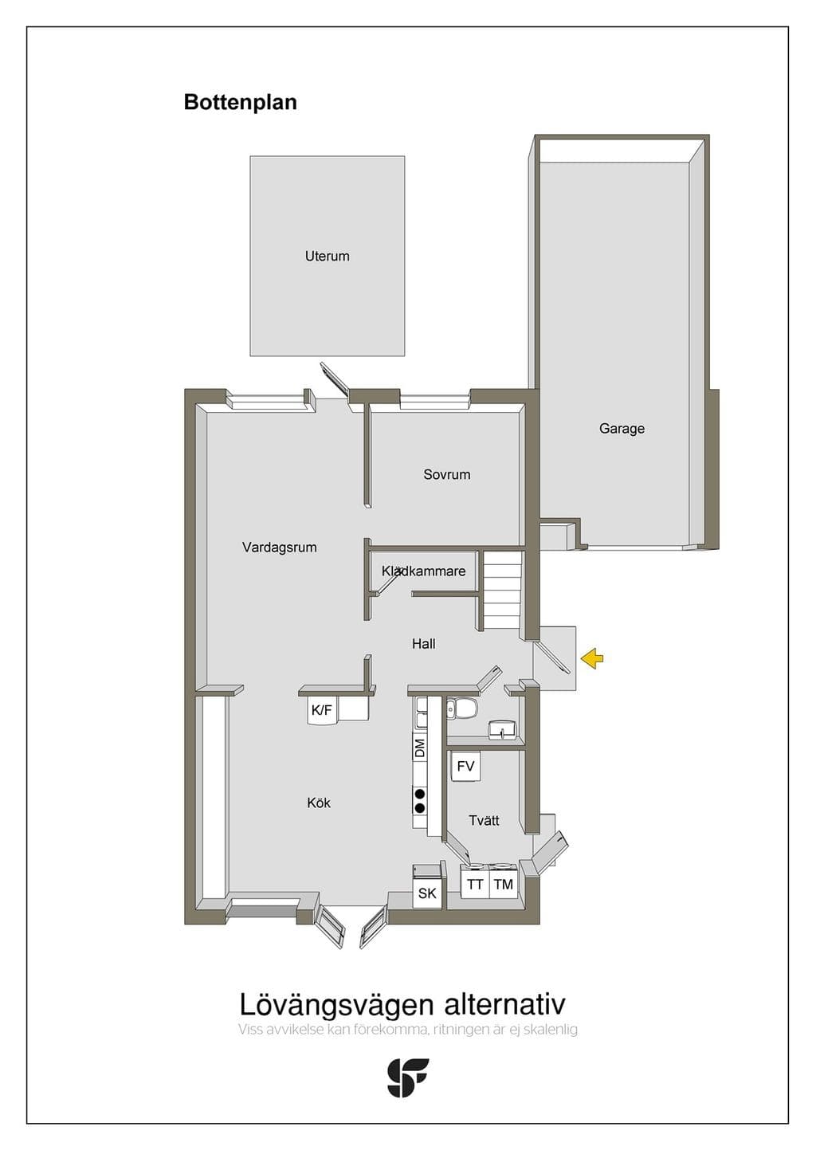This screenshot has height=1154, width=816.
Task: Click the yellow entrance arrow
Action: (592, 658)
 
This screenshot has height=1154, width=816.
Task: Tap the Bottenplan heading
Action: (240, 102)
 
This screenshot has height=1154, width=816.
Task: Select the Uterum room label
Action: (328, 256)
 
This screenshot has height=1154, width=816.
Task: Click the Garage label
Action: (622, 429)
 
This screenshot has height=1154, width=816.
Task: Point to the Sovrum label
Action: (446, 474)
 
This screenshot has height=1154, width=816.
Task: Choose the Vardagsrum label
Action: (279, 548)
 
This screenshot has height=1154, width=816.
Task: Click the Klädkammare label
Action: (423, 571)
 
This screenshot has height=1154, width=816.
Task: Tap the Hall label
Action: (423, 643)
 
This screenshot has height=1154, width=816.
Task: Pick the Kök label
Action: (319, 803)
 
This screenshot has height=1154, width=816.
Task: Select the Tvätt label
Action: (484, 821)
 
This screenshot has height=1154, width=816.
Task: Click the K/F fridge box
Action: (322, 711)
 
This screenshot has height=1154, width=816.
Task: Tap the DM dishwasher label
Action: (420, 748)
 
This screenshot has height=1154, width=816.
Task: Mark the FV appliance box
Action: (465, 767)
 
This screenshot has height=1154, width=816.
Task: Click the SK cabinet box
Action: (427, 893)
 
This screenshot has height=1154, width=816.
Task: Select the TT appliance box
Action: (474, 885)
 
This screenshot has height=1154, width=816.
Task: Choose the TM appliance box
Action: (504, 885)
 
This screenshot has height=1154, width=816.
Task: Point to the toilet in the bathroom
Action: (462, 709)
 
